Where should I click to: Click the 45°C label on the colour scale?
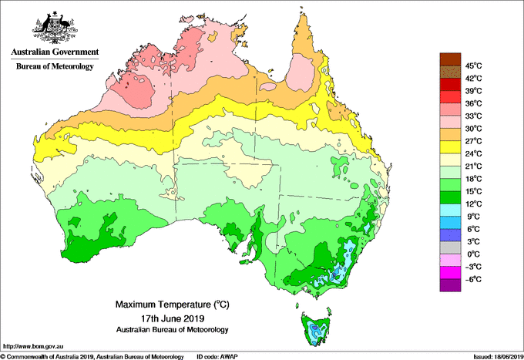coord(474,66)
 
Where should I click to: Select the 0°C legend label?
coord(474,254)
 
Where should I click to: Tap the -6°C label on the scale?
coord(473,279)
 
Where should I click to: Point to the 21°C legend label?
coord(474,167)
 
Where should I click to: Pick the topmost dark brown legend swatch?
coord(450,59)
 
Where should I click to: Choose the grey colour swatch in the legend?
coord(450,247)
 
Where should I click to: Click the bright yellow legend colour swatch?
coord(450,147)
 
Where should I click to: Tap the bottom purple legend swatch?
coord(450,285)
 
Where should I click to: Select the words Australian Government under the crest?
coord(55,52)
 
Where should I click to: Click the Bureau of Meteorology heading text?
coord(55,66)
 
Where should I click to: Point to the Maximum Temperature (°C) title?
coord(173,304)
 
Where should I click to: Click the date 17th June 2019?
coord(173,318)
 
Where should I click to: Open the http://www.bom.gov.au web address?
coord(32,346)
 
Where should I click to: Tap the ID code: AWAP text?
coord(217,357)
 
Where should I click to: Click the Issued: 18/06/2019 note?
coord(499,357)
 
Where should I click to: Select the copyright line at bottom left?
coord(92,357)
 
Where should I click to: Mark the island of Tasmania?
coord(316,329)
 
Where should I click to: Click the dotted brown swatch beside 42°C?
coord(450,72)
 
